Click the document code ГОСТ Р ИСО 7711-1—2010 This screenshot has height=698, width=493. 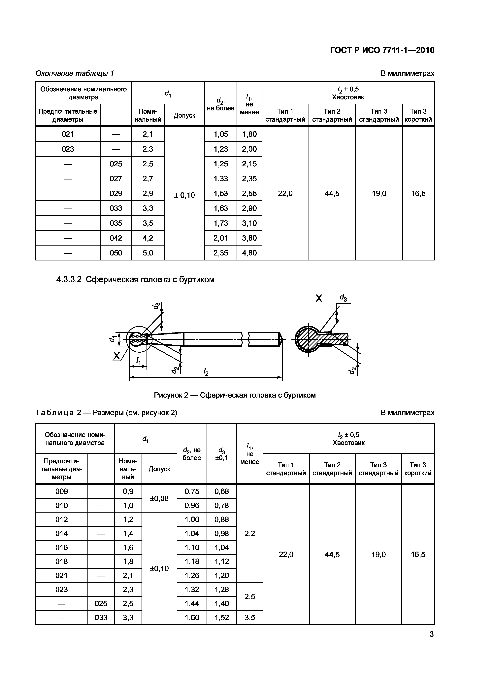[382, 50]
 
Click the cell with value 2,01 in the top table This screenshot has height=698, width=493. [220, 238]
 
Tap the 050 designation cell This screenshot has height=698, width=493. [116, 253]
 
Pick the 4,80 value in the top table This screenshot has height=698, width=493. [249, 253]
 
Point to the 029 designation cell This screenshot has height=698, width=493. [116, 194]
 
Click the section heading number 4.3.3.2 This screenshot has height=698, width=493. [69, 280]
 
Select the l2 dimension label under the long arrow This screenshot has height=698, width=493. [206, 371]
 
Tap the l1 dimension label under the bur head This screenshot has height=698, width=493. [139, 361]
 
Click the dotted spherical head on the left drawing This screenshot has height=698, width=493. [136, 339]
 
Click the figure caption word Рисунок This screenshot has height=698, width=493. [169, 395]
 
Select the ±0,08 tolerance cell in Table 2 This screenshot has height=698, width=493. [159, 499]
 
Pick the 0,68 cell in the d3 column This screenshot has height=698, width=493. [221, 492]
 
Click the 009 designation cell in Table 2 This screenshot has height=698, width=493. [62, 492]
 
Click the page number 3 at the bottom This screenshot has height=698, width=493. [431, 635]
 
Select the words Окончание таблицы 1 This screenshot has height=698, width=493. [75, 74]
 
